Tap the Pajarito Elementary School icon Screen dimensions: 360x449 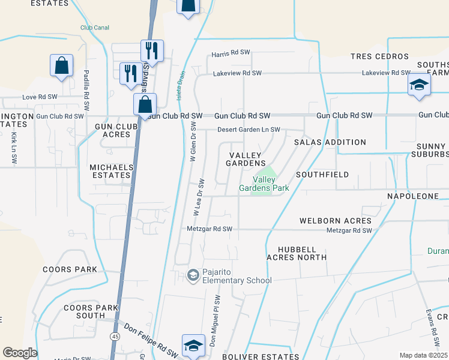pos(193,275)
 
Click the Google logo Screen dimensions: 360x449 pos(20,353)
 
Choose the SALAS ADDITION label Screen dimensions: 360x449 pos(330,142)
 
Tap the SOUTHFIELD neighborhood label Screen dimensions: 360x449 pos(322,175)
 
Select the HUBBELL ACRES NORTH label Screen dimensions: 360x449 pos(302,253)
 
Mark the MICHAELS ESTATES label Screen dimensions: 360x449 pos(110,171)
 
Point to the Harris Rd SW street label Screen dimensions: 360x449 pos(231,53)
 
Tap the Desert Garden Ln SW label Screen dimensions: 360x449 pos(249,130)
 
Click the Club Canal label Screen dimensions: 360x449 pos(95,27)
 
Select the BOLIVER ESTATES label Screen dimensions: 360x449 pos(261,356)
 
